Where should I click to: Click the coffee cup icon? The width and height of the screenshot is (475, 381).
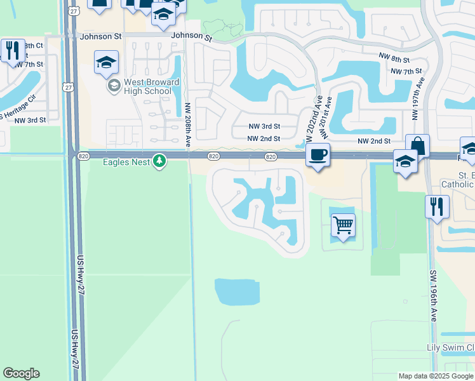coord(318,154)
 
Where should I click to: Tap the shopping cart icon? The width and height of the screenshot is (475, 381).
coord(343,225)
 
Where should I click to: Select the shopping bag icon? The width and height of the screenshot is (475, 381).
coord(417,145)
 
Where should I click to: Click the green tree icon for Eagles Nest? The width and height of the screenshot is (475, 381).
coord(159,161)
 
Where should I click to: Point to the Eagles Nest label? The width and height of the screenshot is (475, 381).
coord(126,162)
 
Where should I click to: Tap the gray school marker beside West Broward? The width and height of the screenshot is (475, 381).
coord(114,86)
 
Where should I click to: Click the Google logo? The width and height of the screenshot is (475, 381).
coord(21,373)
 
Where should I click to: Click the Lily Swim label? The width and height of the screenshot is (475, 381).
coord(450,347)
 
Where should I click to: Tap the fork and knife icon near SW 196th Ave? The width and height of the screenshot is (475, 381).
coord(437,207)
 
